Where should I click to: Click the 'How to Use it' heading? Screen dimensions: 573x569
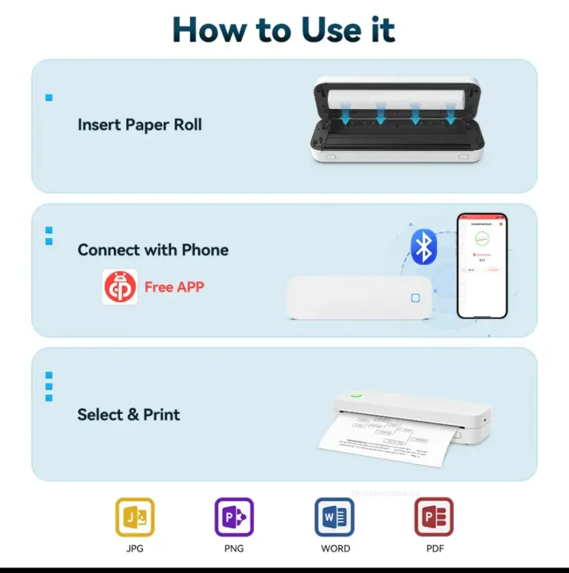(x=284, y=29)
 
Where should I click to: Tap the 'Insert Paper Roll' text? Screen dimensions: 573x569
(x=139, y=125)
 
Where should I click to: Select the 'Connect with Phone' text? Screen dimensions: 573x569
(x=153, y=250)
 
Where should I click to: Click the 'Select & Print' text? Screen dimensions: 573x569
(x=128, y=415)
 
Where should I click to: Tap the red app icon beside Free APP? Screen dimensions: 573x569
(x=119, y=287)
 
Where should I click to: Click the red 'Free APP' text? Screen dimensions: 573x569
(x=173, y=287)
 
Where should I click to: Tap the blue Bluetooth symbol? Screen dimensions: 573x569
(x=423, y=247)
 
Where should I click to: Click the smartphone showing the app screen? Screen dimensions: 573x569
(x=481, y=265)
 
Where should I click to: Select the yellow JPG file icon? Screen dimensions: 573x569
(x=135, y=517)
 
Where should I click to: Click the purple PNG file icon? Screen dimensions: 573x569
(x=234, y=517)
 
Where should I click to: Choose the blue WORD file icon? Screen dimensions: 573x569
(x=334, y=517)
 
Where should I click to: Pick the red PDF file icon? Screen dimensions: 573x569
(x=434, y=517)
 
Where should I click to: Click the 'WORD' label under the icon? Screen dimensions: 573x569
(x=335, y=549)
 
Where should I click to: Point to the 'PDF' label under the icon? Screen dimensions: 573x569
(x=434, y=549)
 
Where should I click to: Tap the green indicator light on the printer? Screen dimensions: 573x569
(x=356, y=396)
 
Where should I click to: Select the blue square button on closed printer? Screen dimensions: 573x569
(x=415, y=298)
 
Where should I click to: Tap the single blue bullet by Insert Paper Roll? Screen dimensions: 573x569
(x=49, y=98)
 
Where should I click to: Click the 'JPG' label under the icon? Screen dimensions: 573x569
(x=135, y=549)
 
